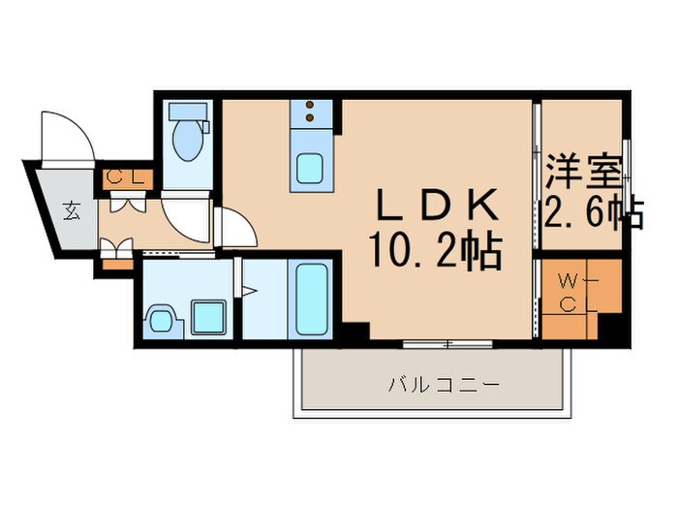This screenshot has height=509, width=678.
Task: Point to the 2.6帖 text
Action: pyautogui.click(x=593, y=211)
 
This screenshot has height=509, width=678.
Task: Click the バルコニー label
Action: pyautogui.click(x=445, y=385)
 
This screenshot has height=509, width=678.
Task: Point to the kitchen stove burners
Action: pyautogui.click(x=311, y=113)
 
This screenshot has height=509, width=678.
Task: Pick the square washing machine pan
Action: pyautogui.click(x=207, y=316)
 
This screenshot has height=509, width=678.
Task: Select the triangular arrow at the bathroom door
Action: pyautogui.click(x=247, y=288)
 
